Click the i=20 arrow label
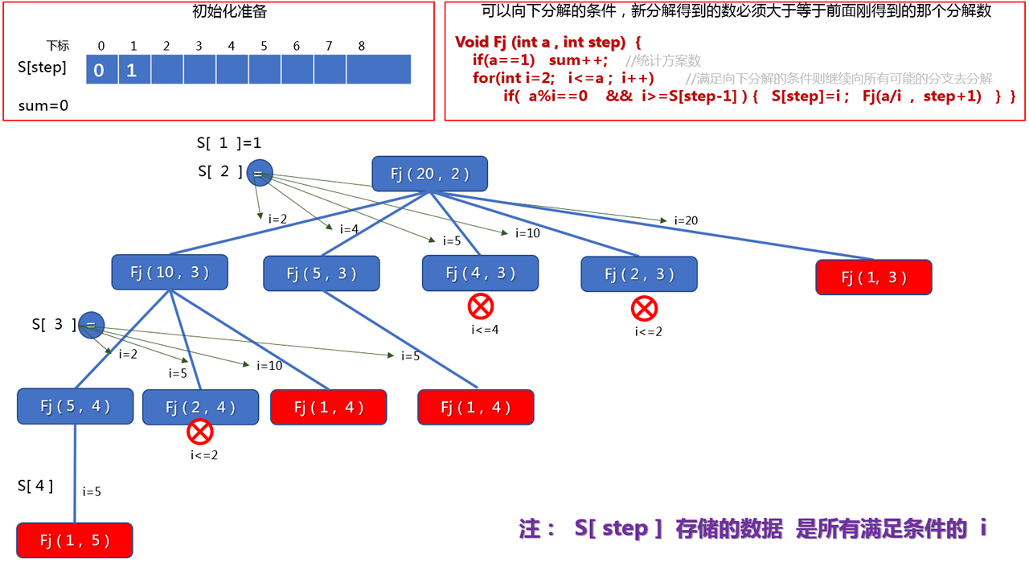click(686, 220)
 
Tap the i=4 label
click(349, 229)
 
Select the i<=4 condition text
click(485, 328)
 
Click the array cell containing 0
click(99, 70)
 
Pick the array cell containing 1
click(132, 70)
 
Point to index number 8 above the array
click(362, 46)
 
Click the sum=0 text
click(43, 105)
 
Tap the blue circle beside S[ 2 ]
click(260, 173)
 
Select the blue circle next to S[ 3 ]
click(92, 325)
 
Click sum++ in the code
click(578, 60)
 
